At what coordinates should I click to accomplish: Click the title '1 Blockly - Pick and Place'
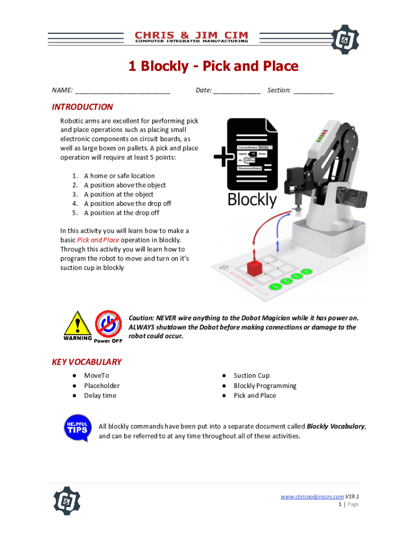tap(214, 67)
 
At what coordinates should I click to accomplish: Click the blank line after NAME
tap(122, 91)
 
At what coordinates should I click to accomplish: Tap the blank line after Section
tap(313, 91)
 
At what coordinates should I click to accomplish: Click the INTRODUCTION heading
tap(82, 107)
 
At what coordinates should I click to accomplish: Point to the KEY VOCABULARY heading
tap(87, 362)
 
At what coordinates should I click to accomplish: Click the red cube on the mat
tap(255, 267)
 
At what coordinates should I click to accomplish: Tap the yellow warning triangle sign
tap(78, 323)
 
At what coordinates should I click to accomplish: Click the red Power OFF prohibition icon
tap(108, 323)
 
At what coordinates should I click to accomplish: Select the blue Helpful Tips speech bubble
tap(76, 428)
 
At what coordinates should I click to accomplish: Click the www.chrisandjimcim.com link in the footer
tap(312, 496)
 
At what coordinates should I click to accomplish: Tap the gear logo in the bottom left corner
tap(67, 501)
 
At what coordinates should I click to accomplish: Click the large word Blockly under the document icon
tap(252, 200)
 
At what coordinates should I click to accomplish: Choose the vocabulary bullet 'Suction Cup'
tap(252, 376)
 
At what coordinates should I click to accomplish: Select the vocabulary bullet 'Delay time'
tap(100, 395)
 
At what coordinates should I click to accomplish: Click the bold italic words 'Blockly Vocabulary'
tap(336, 427)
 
